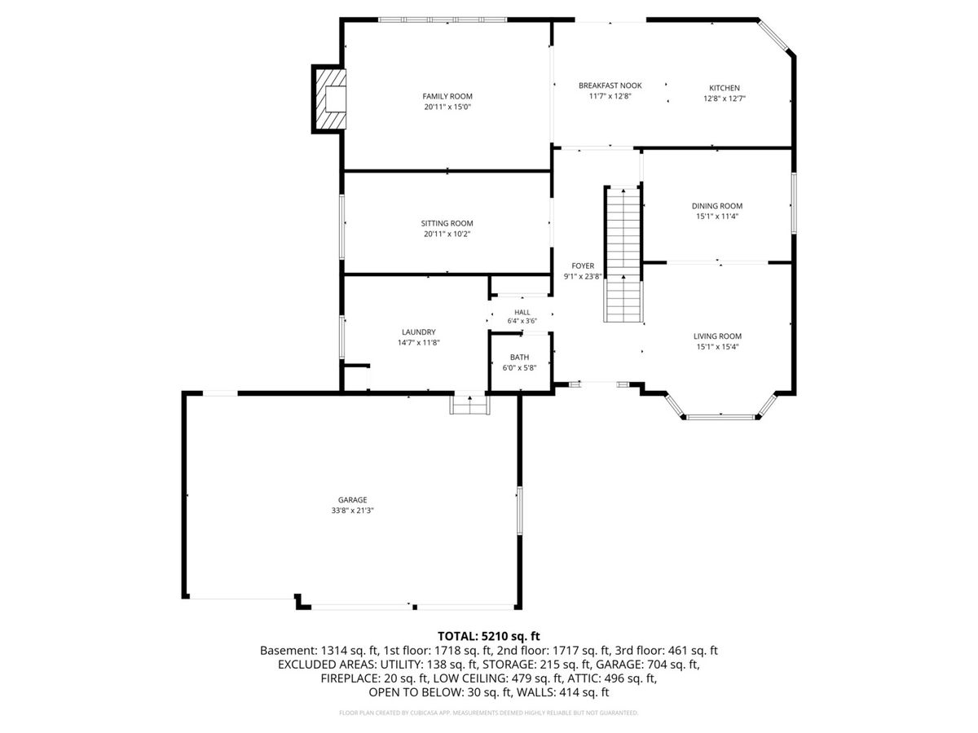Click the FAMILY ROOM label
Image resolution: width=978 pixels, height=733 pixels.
pos(447,96)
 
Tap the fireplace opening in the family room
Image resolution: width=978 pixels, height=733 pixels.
pos(335,99)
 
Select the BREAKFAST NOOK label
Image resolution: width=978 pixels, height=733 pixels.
pos(610,86)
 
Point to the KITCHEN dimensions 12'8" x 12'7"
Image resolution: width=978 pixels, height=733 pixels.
pos(724,99)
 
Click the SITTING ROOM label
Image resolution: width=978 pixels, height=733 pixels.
pos(447,223)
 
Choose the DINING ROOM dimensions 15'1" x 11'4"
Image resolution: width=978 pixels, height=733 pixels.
pos(717,217)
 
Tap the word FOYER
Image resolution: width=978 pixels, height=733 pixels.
pos(583,266)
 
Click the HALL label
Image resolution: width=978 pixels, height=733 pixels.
pos(522,313)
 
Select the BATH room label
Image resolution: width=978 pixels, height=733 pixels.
pos(519,357)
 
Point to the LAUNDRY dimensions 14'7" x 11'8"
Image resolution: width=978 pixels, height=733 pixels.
pos(418,343)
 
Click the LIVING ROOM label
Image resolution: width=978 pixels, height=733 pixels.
pos(717,336)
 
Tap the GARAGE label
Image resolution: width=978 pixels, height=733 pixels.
pos(352,500)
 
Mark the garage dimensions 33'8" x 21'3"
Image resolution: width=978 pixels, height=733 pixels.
pos(352,511)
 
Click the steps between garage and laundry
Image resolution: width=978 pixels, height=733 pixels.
pos(469,405)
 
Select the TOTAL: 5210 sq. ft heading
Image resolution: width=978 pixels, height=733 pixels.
pos(488,636)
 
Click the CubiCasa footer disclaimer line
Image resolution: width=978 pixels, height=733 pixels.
pos(488,713)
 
